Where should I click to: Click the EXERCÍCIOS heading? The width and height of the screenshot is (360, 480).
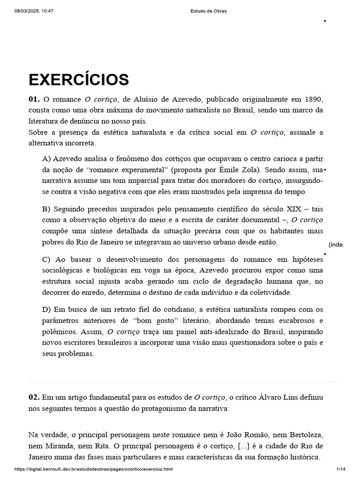pyautogui.click(x=78, y=80)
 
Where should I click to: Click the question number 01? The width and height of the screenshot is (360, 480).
pyautogui.click(x=34, y=99)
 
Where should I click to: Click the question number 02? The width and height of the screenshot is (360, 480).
pyautogui.click(x=34, y=397)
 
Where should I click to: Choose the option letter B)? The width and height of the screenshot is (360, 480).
pyautogui.click(x=46, y=209)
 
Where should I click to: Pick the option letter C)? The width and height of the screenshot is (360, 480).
pyautogui.click(x=46, y=259)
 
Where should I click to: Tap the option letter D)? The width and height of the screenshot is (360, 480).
pyautogui.click(x=46, y=309)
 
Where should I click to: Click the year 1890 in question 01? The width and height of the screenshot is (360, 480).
pyautogui.click(x=314, y=99)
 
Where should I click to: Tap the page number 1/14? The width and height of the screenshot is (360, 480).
pyautogui.click(x=340, y=469)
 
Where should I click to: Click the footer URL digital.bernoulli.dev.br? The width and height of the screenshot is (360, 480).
pyautogui.click(x=94, y=469)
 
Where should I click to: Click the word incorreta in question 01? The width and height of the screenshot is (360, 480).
pyautogui.click(x=81, y=142)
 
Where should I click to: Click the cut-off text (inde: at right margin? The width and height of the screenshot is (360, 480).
pyautogui.click(x=336, y=245)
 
